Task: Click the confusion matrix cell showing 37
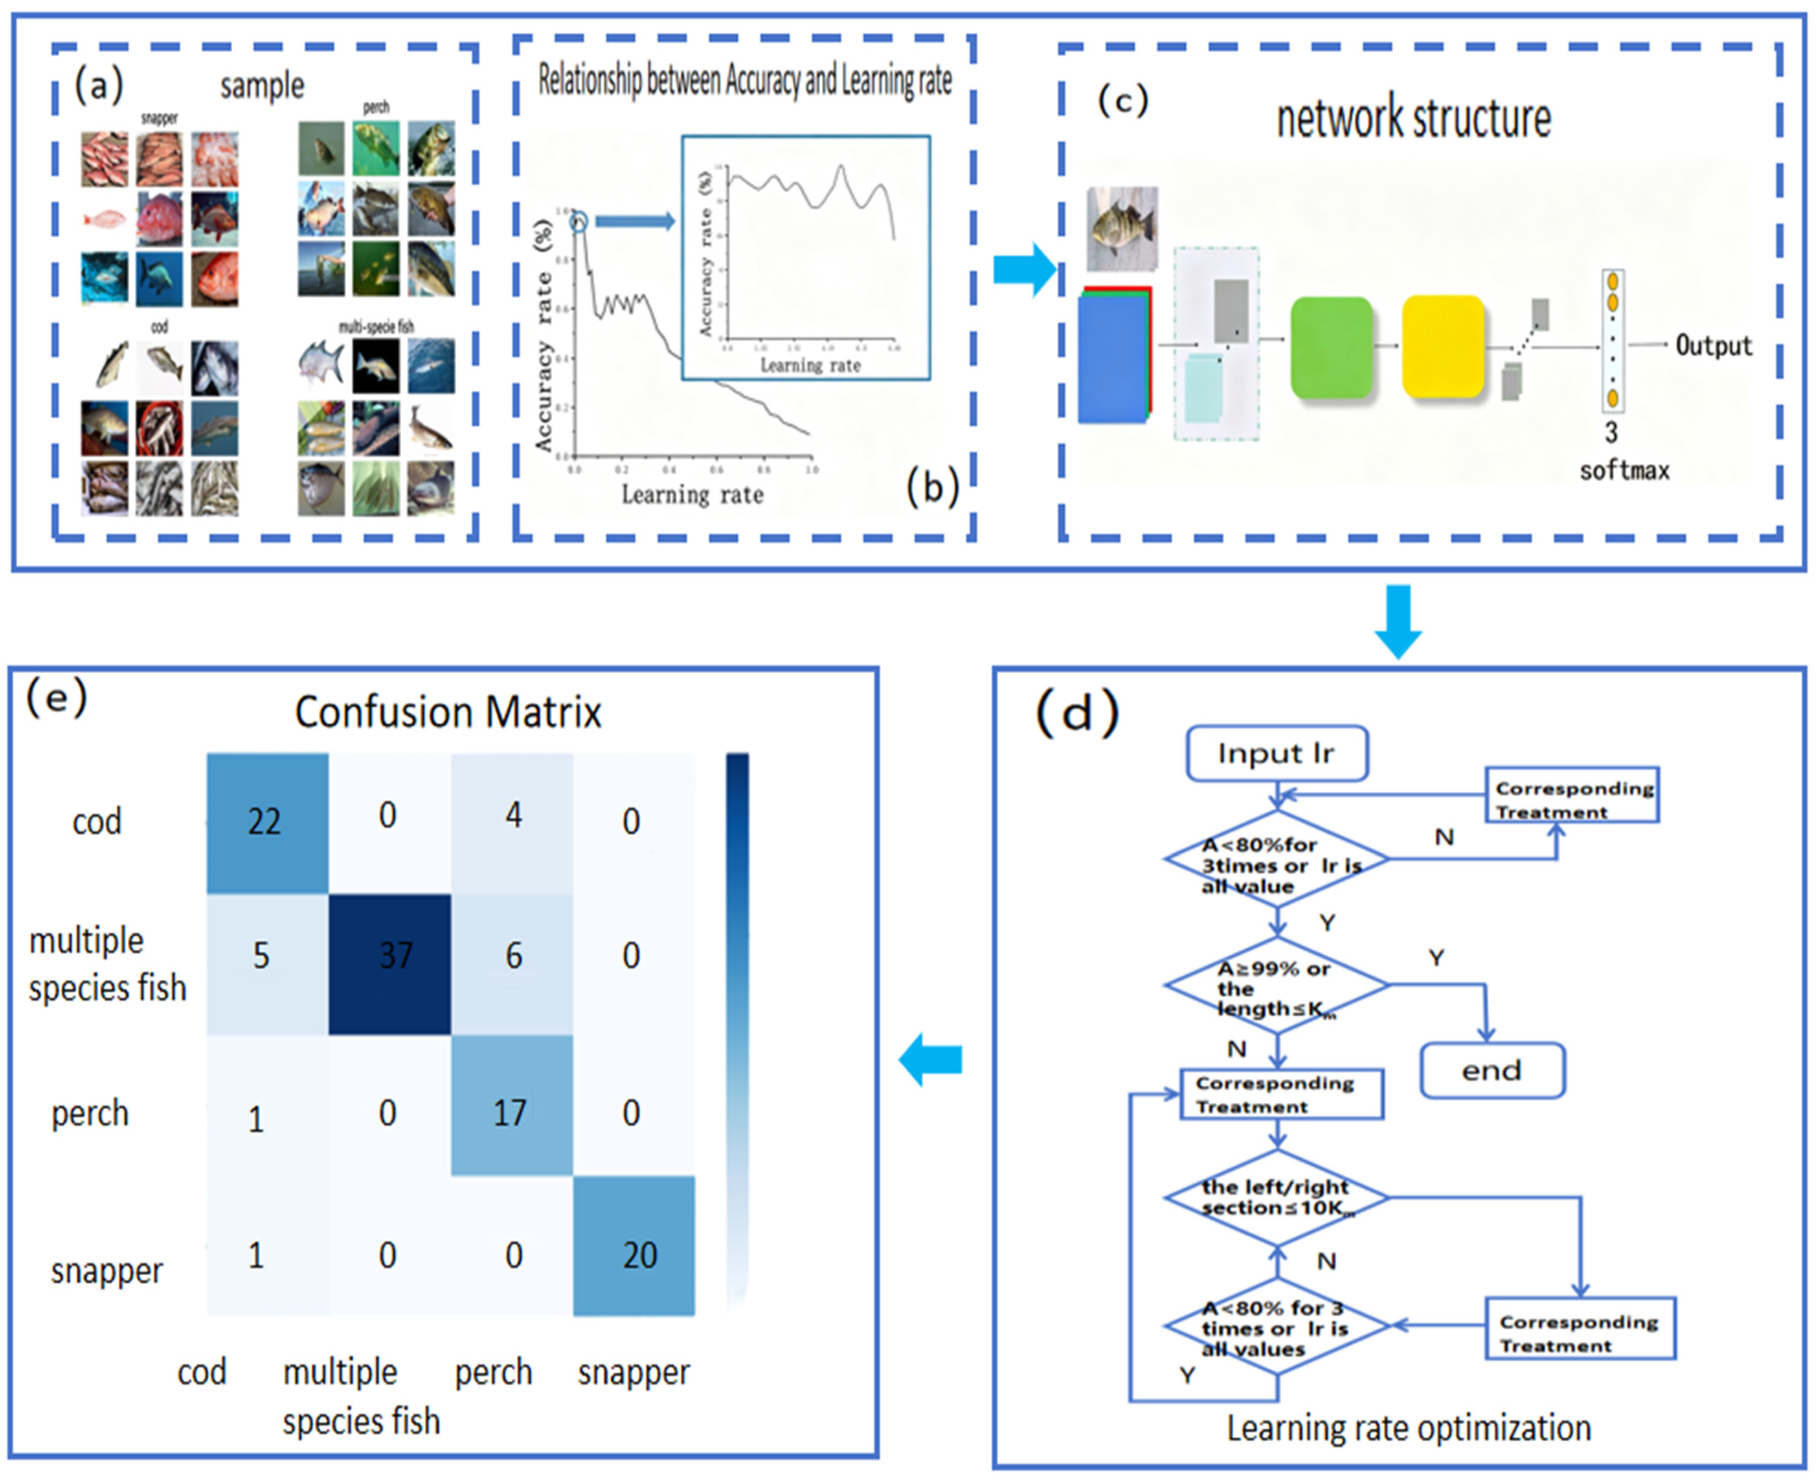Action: (x=390, y=964)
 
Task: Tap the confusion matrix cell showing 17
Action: (x=511, y=1106)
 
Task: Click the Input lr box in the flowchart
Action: (x=1276, y=753)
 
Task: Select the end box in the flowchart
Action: (x=1491, y=1070)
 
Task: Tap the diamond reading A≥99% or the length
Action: (x=1276, y=986)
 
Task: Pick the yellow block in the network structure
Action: (x=1443, y=346)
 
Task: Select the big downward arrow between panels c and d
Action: (x=1398, y=620)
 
